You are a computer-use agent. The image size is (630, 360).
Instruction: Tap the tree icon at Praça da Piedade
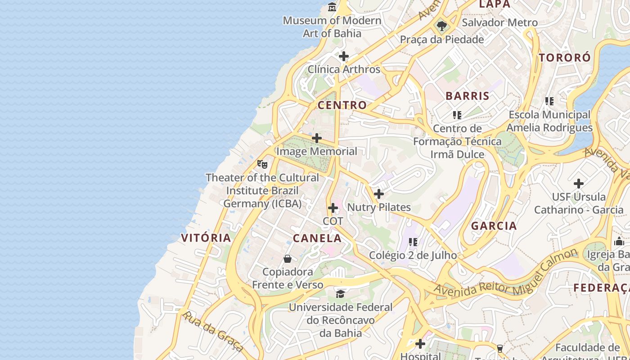tap(441, 26)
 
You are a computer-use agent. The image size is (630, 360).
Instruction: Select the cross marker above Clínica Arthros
tap(344, 56)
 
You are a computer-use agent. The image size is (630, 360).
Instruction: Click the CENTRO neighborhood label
tap(342, 105)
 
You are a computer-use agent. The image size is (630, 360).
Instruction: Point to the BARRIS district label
tap(467, 96)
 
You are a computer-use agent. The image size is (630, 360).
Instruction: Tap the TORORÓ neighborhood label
tap(564, 58)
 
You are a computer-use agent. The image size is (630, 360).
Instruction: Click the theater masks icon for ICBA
tap(262, 164)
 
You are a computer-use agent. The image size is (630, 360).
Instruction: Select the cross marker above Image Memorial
tap(317, 138)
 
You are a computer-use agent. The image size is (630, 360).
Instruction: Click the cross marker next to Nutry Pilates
tap(379, 194)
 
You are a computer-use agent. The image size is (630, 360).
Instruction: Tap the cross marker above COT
tap(333, 208)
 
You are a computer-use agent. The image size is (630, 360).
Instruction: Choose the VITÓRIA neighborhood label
tap(206, 238)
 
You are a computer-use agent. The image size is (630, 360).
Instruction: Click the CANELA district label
tap(317, 238)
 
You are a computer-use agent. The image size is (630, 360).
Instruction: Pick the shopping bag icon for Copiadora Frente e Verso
tap(288, 259)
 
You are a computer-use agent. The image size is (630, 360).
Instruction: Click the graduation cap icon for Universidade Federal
tap(340, 294)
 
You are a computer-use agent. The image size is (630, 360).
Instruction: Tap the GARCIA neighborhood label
tap(494, 226)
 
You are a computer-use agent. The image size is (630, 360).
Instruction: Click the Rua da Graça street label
tap(212, 331)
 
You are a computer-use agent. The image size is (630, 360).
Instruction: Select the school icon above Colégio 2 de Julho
tap(413, 242)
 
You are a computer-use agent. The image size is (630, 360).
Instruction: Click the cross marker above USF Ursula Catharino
tap(579, 184)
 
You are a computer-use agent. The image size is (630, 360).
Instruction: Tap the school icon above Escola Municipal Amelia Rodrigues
tap(549, 101)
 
